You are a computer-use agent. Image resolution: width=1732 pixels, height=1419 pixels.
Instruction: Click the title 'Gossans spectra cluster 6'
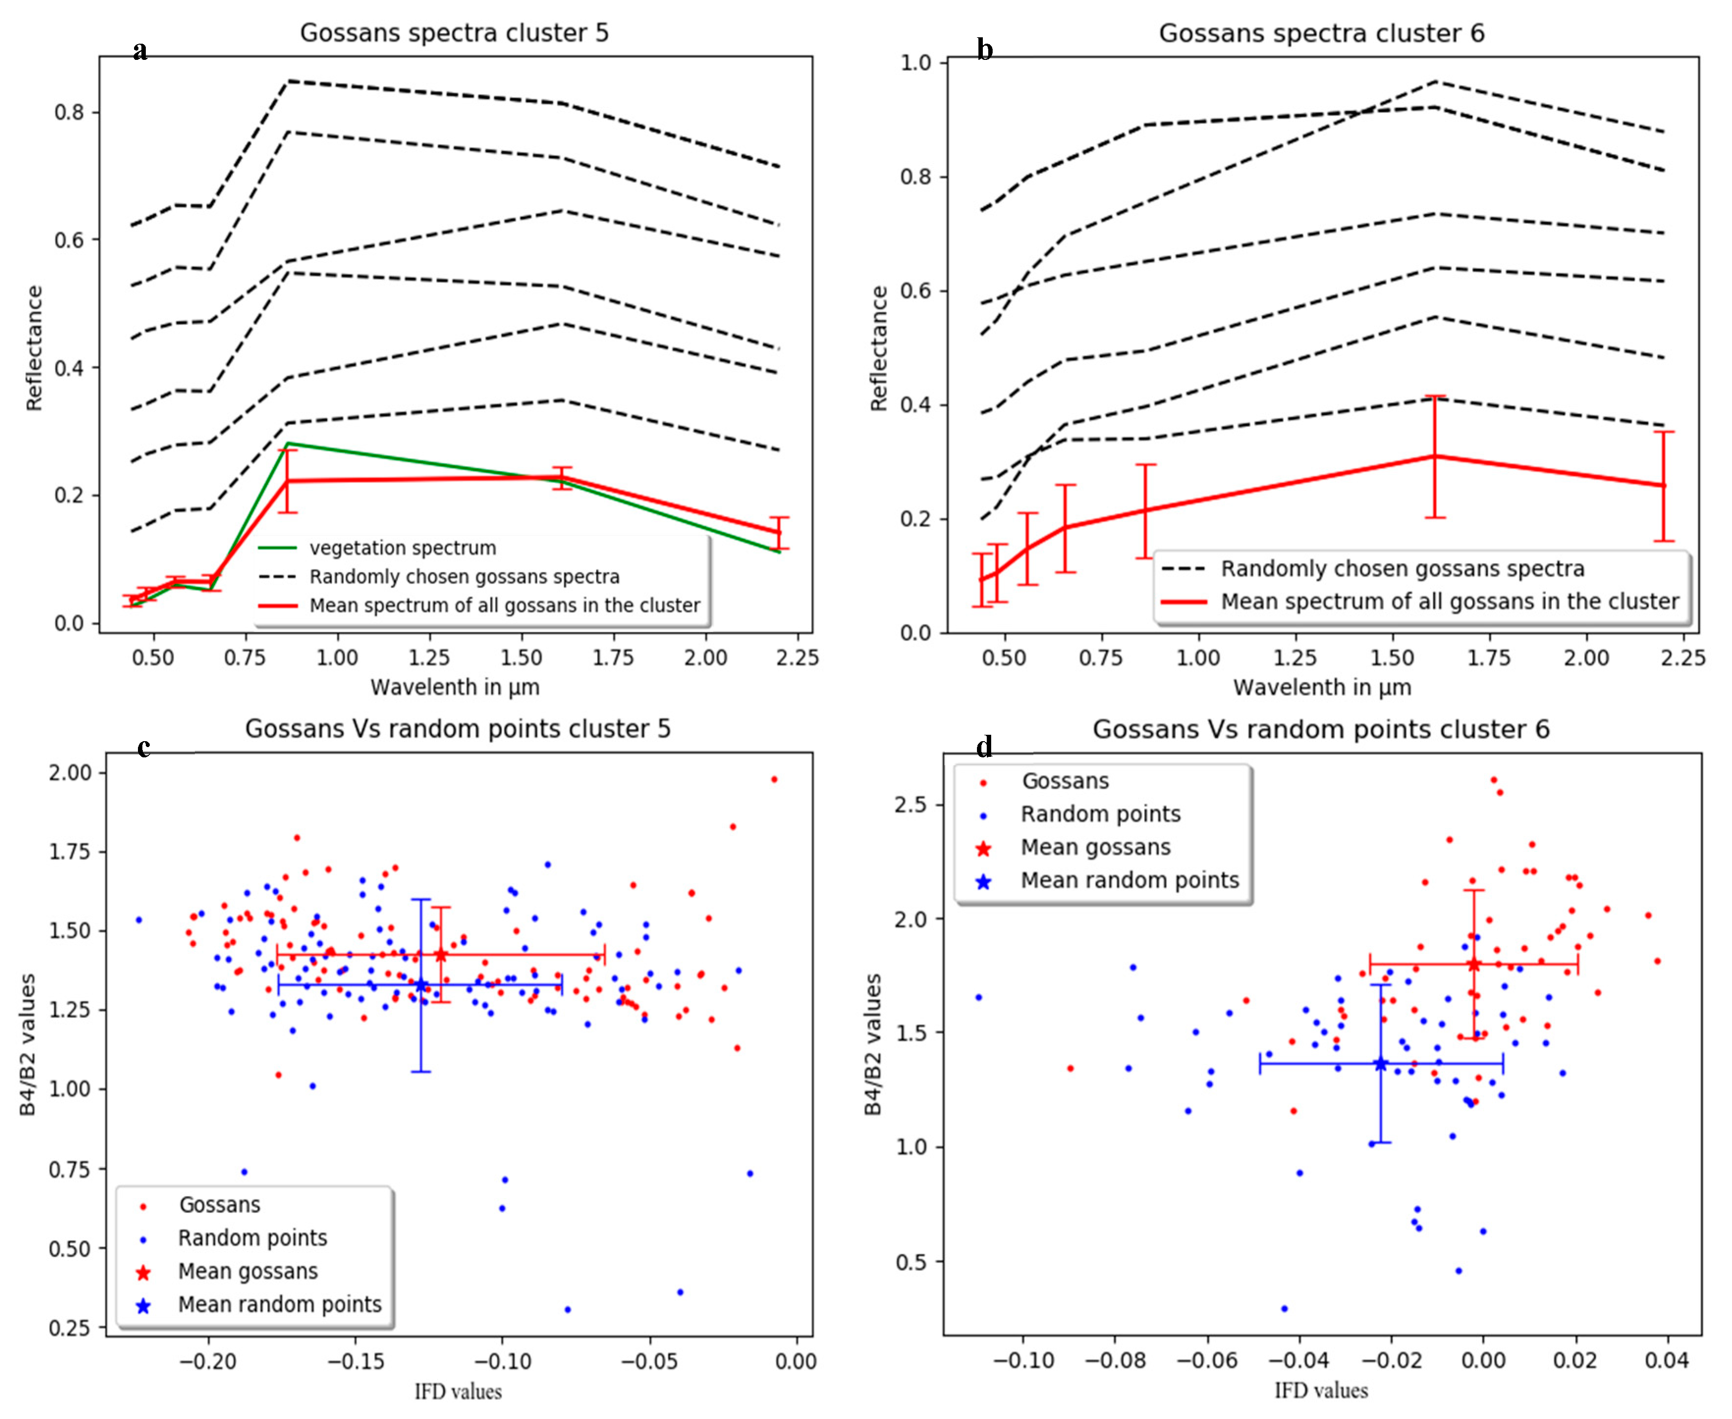point(1321,33)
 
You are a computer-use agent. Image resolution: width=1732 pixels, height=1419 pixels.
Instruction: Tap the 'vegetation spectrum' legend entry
point(402,548)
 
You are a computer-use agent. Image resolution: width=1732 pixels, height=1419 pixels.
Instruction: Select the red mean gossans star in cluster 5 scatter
point(441,955)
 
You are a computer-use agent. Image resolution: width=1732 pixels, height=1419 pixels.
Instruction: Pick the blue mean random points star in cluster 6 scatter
point(1380,1064)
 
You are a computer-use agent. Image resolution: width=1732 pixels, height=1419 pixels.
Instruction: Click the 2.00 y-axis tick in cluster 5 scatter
point(72,773)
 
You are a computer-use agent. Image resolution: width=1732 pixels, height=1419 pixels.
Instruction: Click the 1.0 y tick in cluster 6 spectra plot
point(916,63)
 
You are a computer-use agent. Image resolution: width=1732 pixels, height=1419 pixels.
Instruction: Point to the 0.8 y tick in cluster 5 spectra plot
point(70,112)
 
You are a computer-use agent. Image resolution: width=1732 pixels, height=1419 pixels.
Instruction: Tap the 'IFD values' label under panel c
point(458,1391)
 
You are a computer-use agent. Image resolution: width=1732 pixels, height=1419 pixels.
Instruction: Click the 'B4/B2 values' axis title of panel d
point(873,1044)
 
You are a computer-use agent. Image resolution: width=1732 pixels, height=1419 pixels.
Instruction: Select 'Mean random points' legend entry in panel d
point(1130,881)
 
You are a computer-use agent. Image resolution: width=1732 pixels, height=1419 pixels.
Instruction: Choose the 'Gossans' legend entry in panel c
point(219,1205)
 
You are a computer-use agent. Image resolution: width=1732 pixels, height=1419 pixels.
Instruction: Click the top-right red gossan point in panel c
point(774,779)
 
